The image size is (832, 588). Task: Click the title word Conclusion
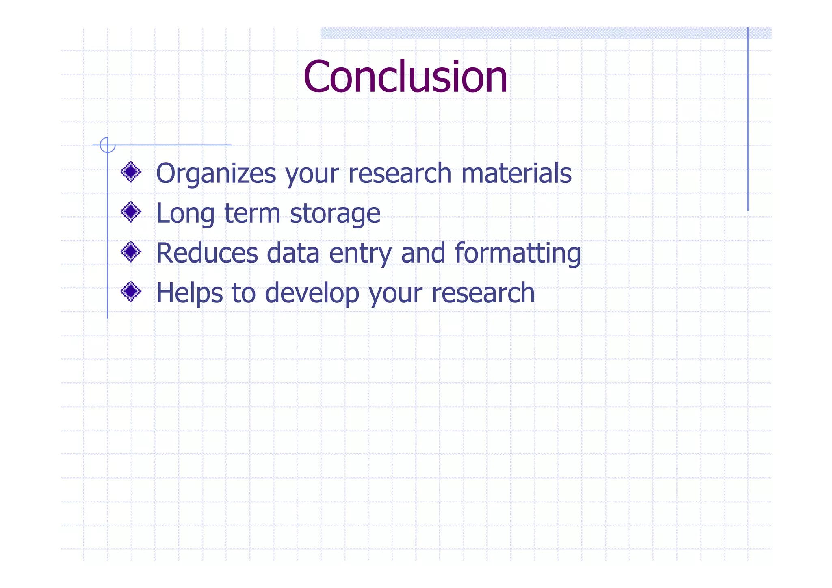405,77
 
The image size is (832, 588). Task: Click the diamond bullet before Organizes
131,172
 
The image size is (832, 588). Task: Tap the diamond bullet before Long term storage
131,212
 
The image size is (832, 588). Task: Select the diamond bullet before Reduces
131,252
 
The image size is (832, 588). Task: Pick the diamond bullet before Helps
131,292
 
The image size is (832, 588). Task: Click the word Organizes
216,174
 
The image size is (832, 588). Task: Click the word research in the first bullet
400,173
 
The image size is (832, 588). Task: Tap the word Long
185,214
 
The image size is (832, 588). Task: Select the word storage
335,214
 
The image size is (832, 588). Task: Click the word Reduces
207,253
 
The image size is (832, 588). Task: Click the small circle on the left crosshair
108,145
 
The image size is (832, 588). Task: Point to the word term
252,213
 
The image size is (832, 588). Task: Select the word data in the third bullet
293,253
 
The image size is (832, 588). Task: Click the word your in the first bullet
312,174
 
